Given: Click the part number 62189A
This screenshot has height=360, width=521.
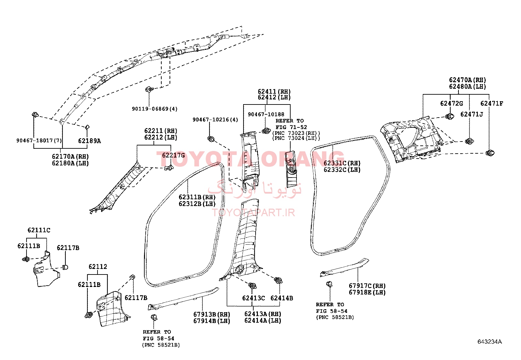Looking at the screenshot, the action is click(x=90, y=141).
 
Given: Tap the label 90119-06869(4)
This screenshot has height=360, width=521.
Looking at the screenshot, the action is click(x=155, y=109).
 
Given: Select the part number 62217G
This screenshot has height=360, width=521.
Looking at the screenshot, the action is click(x=173, y=155).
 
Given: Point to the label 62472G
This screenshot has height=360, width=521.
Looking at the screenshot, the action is click(x=451, y=104).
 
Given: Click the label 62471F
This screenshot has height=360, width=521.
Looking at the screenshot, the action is click(x=492, y=104).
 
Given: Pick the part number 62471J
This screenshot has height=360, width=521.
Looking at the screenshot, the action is click(x=472, y=114).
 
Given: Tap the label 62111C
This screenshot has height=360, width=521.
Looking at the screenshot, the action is click(x=39, y=230).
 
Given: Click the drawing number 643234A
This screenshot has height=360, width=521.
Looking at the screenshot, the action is click(x=490, y=342).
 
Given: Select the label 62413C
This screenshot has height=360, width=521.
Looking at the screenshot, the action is click(x=254, y=298).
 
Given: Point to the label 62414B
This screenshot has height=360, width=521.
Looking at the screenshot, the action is click(x=282, y=298).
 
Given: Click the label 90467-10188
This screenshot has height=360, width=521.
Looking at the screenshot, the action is click(x=266, y=114).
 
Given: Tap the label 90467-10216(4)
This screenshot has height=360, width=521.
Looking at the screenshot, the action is click(x=215, y=120).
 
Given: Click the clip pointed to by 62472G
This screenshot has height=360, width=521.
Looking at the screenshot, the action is click(x=450, y=116).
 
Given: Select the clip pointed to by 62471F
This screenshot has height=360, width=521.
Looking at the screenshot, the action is click(x=490, y=153).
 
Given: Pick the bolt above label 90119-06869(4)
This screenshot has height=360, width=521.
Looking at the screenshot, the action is click(x=149, y=89).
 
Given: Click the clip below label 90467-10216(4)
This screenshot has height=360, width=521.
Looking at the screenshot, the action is click(x=211, y=139).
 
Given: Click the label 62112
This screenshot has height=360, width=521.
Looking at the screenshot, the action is click(x=98, y=266).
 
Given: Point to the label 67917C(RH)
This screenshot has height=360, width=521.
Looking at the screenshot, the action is click(x=367, y=286).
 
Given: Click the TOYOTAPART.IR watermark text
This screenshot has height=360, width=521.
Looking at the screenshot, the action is click(x=253, y=213).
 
